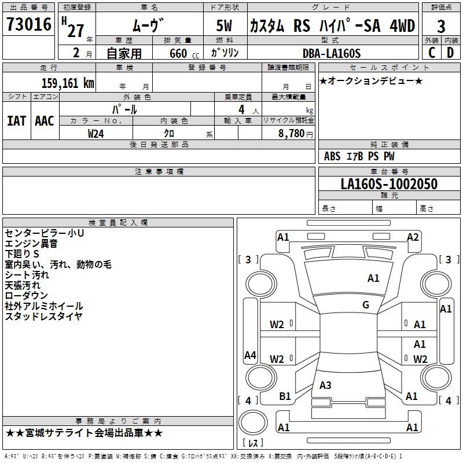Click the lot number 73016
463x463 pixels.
29,24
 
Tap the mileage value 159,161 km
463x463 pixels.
68,83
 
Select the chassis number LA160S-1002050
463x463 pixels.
389,183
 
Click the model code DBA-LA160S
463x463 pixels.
332,53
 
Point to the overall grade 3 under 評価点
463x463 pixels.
441,26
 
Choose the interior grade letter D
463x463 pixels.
450,53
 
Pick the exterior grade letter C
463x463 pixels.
432,53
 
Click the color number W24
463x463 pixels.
95,134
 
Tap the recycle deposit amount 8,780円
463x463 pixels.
296,134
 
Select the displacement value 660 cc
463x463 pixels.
184,53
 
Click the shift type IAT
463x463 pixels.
16,121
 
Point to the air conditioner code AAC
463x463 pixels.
45,121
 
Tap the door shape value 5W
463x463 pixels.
224,25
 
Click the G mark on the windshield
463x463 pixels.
366,304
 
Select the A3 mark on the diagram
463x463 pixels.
325,385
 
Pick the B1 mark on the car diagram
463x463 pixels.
285,396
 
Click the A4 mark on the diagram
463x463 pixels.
250,355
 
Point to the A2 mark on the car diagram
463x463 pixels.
413,237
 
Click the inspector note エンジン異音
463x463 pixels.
31,244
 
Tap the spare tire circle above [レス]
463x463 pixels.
253,422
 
